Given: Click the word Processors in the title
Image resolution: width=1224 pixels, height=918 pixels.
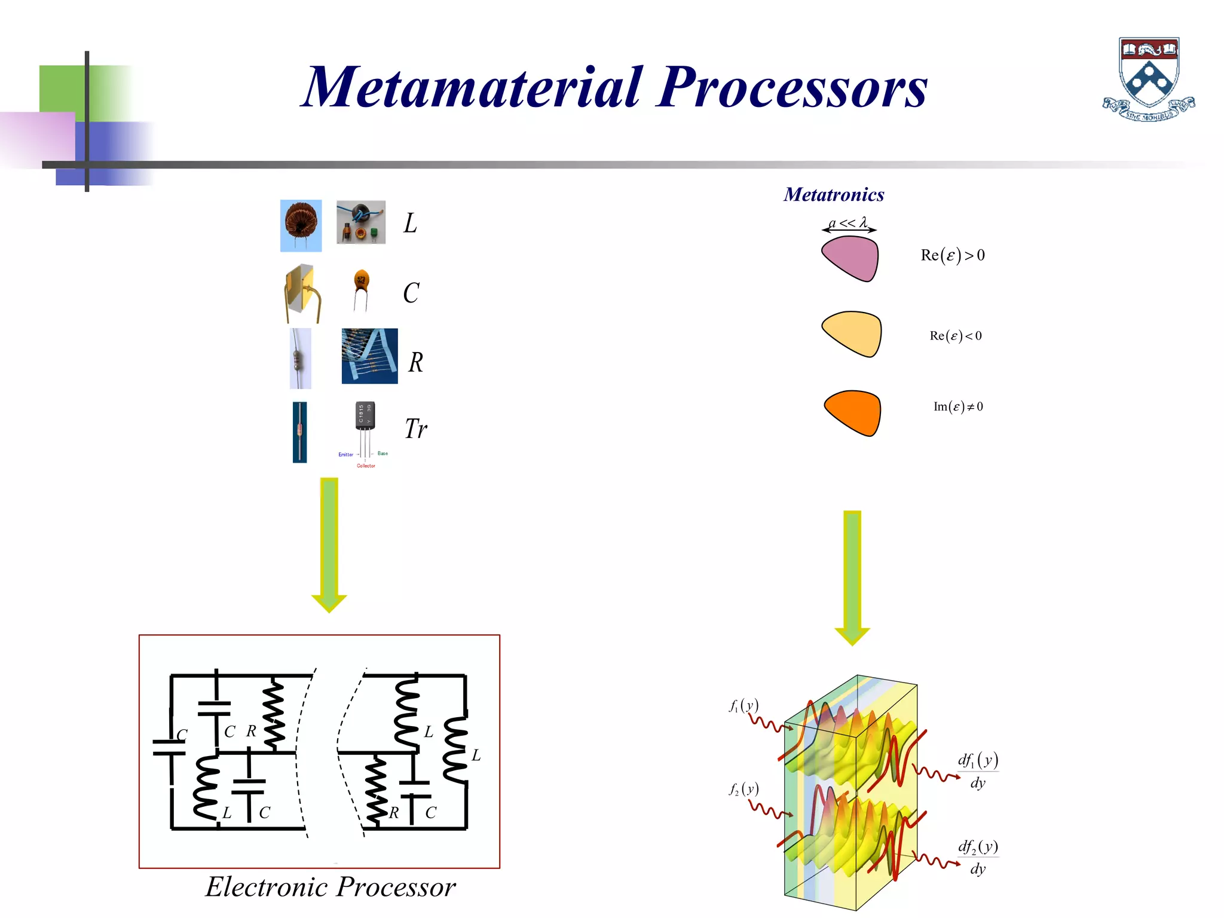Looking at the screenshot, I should point(792,88).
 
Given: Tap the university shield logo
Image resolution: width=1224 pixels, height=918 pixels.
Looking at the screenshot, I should point(1149,78).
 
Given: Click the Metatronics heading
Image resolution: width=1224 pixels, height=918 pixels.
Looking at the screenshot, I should point(834,194).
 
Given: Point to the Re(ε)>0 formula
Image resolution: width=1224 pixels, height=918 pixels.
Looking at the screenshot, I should point(953,255).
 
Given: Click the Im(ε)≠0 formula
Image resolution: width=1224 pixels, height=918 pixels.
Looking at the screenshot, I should point(958,407).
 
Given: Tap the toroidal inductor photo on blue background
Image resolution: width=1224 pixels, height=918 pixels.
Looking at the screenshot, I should point(301,225).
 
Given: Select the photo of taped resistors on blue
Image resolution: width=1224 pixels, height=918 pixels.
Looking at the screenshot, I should point(369,356).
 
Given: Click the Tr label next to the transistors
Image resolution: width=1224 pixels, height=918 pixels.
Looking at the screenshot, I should point(415,429).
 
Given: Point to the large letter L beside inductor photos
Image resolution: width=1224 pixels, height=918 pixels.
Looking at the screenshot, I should point(410,224).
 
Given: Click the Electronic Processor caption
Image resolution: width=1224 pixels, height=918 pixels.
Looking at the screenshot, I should point(331,887).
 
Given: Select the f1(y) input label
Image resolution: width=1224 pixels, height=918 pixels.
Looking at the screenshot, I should point(743,706).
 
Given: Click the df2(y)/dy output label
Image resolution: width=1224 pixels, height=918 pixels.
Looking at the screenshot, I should point(978,856).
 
